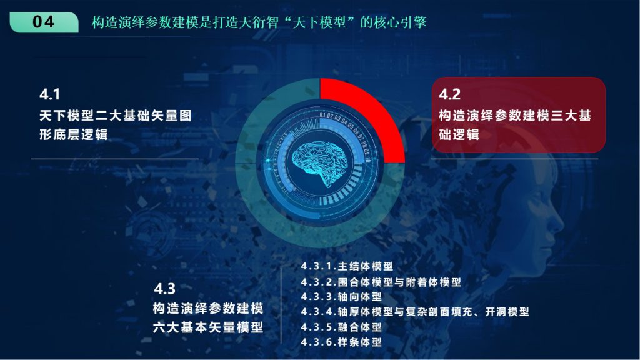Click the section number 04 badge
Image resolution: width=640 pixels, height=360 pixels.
click(x=44, y=22)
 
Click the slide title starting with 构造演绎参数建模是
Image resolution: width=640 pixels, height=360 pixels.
click(x=259, y=22)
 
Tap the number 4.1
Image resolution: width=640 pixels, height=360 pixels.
click(x=50, y=94)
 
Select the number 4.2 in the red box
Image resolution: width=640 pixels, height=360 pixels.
click(x=450, y=94)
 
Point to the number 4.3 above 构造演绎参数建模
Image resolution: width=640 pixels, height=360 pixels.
click(x=164, y=289)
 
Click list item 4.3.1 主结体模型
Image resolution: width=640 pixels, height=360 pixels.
click(x=347, y=266)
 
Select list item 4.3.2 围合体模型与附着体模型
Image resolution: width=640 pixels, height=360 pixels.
click(x=381, y=282)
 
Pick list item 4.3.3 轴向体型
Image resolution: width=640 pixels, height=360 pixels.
click(x=341, y=297)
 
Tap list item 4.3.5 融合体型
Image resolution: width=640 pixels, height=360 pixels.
click(x=341, y=327)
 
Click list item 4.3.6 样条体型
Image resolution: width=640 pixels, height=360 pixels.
click(x=341, y=342)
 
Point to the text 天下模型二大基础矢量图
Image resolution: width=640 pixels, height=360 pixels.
click(x=116, y=116)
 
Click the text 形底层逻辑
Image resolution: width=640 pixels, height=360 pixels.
click(x=74, y=134)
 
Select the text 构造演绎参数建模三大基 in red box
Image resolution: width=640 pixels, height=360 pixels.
click(x=515, y=116)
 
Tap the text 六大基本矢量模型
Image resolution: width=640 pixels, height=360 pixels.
click(x=208, y=327)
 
